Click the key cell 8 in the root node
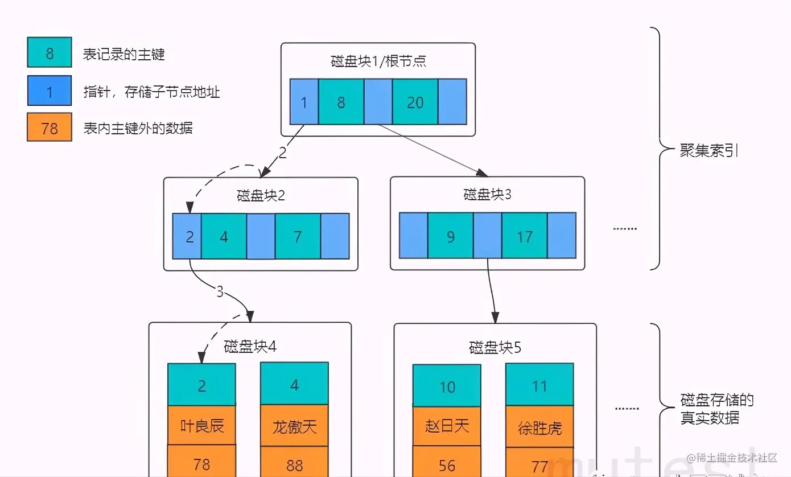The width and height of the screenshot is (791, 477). point(341,102)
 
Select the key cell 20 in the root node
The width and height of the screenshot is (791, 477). point(415,102)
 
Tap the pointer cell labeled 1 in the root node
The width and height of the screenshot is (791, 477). point(304,102)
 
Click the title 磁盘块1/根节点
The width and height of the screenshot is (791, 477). point(378,61)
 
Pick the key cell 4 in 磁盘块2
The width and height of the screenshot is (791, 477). point(224,236)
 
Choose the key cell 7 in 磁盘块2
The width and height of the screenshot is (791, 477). point(298,236)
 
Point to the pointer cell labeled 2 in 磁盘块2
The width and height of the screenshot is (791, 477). point(187,236)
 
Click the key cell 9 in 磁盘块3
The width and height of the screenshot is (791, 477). point(450,236)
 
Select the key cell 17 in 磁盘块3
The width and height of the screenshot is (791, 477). point(524,236)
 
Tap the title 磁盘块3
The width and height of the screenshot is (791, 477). point(487,195)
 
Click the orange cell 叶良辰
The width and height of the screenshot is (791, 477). point(201,425)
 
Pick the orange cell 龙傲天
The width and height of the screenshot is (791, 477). point(294,426)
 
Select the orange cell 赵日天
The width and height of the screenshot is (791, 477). point(447,426)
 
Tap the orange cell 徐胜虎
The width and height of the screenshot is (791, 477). point(539,427)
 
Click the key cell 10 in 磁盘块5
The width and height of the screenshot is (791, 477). point(447,387)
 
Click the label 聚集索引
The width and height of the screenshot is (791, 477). point(709,151)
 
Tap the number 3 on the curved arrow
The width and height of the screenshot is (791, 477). point(220,292)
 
